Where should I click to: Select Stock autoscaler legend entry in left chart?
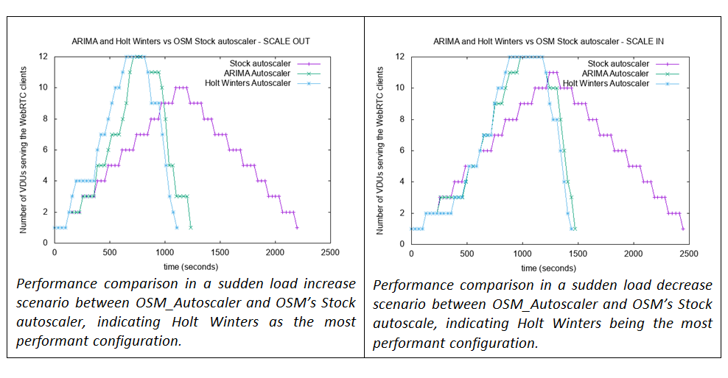[258, 64]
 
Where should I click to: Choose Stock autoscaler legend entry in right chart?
[618, 64]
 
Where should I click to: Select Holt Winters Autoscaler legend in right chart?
[606, 83]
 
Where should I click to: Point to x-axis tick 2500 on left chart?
[329, 252]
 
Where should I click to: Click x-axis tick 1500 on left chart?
[220, 252]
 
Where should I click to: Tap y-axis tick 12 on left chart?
[44, 57]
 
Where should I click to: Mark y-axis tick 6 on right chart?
[401, 150]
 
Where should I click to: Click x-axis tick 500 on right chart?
[466, 252]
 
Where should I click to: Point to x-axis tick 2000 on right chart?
[632, 252]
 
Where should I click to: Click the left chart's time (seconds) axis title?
[191, 266]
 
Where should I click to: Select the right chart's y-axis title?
[381, 150]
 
